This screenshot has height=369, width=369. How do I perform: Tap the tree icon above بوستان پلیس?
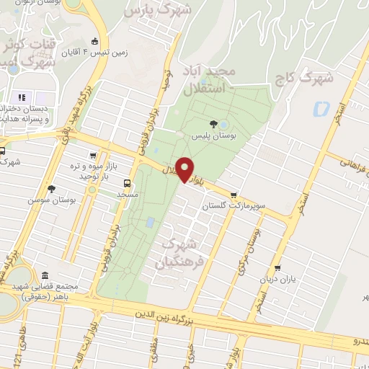213,124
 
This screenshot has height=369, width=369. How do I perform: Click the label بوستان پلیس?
210,135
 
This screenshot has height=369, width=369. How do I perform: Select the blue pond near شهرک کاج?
321,110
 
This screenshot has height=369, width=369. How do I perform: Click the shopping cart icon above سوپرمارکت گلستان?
234,195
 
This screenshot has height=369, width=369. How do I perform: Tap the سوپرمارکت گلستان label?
234,206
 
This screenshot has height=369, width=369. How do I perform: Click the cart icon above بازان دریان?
277,268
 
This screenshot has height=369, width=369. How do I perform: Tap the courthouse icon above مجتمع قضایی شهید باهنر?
45,276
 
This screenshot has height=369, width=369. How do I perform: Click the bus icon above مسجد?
128,183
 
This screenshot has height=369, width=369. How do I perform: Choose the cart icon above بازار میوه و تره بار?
93,155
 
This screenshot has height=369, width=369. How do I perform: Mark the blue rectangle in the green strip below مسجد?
149,223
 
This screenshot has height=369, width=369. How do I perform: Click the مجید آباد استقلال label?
230,81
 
